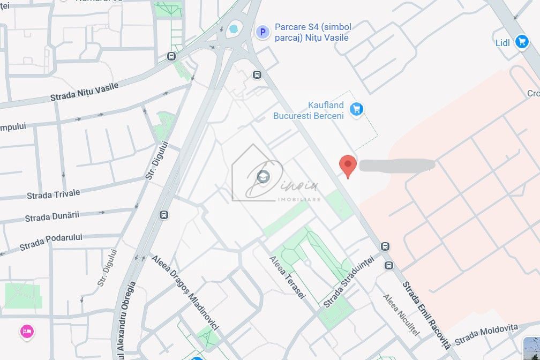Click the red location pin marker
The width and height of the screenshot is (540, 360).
click(x=348, y=166)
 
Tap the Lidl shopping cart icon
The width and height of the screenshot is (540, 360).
click(x=522, y=42)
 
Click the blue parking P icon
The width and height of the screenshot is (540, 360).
click(x=262, y=33)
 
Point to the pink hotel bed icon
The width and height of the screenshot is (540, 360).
click(x=27, y=331)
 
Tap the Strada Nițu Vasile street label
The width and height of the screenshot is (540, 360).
click(x=84, y=92)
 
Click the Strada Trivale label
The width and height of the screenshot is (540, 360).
click(x=54, y=194)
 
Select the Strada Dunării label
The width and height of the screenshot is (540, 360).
click(x=52, y=217)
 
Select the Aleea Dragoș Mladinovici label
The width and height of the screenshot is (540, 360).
click(x=185, y=294)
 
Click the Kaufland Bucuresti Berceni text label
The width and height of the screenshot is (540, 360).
click(x=309, y=110)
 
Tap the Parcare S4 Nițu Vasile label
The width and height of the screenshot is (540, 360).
click(x=311, y=32)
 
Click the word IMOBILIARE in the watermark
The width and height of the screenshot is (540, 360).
click(x=299, y=199)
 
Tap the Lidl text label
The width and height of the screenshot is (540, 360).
click(x=502, y=43)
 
